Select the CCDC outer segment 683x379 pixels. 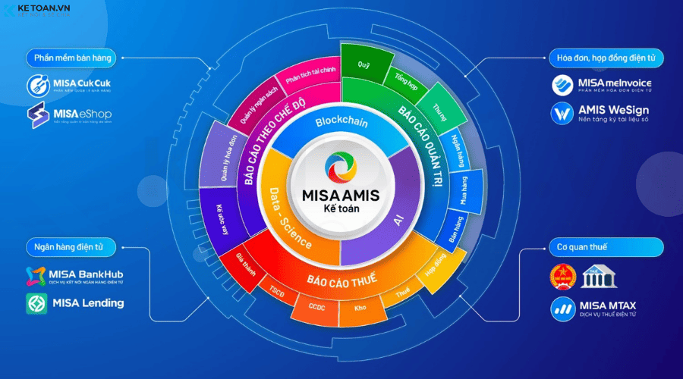[x=316, y=307]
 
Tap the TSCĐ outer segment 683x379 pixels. [x=276, y=291]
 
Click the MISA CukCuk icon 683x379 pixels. [x=38, y=84]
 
